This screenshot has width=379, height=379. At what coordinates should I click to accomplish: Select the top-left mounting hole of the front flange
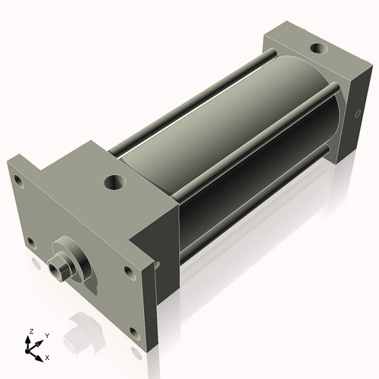tap(15, 179)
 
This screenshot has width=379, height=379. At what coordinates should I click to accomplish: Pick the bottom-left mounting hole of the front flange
tap(30, 242)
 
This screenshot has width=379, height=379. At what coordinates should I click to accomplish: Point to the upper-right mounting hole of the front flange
tap(126, 269)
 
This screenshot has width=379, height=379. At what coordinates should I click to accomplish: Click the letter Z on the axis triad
tap(30, 331)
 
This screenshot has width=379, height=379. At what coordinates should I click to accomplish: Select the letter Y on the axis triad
tap(46, 335)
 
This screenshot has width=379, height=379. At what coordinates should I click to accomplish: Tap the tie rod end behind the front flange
tap(157, 265)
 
